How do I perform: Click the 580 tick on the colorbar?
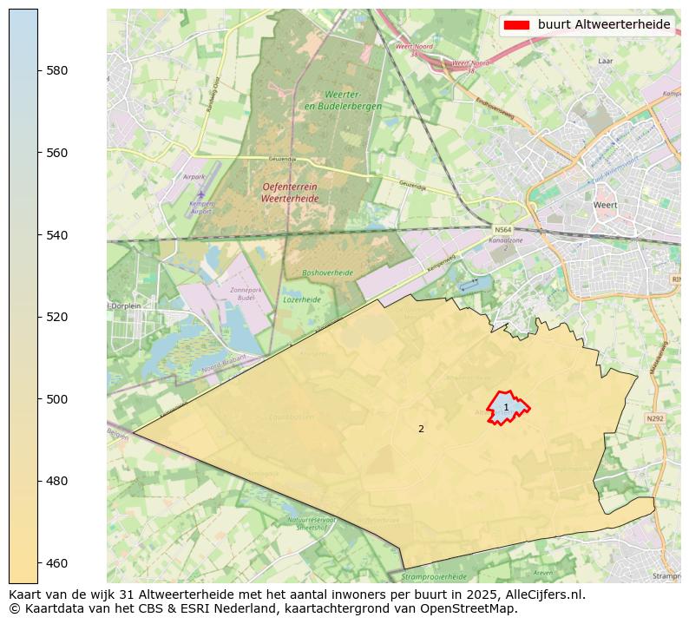coord(57,70)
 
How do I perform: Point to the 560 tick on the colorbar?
coord(57,153)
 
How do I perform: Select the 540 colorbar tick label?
coord(57,235)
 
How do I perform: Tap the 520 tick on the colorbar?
coord(57,317)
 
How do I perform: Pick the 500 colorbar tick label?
coord(57,399)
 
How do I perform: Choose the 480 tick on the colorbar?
coord(57,481)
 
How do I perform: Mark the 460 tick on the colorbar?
coord(57,563)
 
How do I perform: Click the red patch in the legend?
coord(515,25)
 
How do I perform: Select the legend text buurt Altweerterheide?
coord(603,25)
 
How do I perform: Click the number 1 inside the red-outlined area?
coord(507,407)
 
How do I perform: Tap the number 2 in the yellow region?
coord(421,429)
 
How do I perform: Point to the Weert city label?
coord(605,205)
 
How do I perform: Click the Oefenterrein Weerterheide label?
coord(290,193)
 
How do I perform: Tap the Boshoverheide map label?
coord(327,273)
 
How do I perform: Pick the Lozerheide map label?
coord(301,299)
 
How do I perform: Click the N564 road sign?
coord(502,230)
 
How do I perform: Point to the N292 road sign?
coord(655,418)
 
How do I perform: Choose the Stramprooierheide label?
coord(434,576)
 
